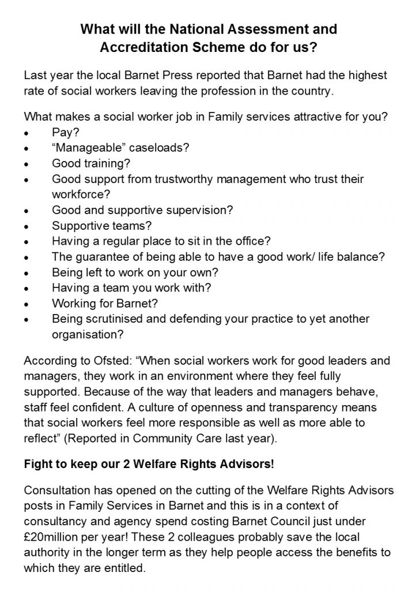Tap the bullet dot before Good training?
[x=27, y=163]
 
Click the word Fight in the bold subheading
[x=37, y=463]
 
